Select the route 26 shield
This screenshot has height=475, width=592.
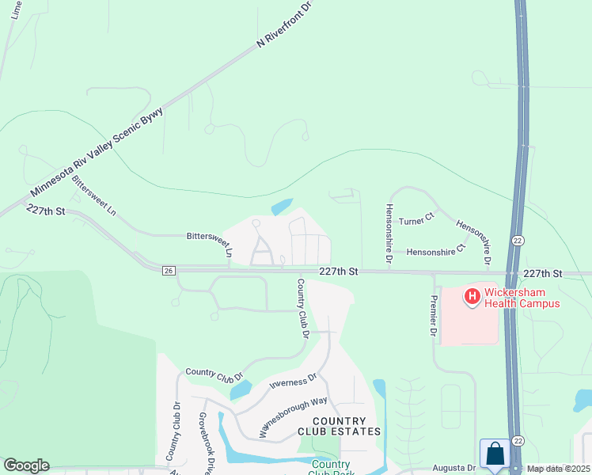pos(169,271)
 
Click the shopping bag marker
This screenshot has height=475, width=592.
pos(495,454)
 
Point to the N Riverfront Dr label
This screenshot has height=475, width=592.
pos(287,24)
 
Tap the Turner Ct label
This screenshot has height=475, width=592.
pos(417,220)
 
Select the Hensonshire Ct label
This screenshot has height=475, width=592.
pos(433,253)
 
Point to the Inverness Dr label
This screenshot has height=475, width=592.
pos(294,384)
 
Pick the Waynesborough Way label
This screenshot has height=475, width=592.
pos(294,417)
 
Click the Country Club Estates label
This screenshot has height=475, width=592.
pos(339,426)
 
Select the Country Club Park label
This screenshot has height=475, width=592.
pos(332,468)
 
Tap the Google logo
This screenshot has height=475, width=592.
pos(26,465)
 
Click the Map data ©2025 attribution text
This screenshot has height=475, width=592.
pos(559,469)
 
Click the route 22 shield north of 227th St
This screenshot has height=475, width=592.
pos(518,239)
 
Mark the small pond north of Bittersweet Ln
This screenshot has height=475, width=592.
pos(282,207)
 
